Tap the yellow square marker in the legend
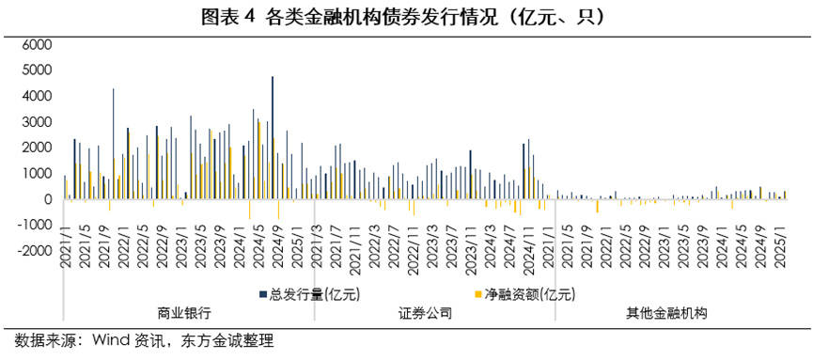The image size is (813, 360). click(477, 295)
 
